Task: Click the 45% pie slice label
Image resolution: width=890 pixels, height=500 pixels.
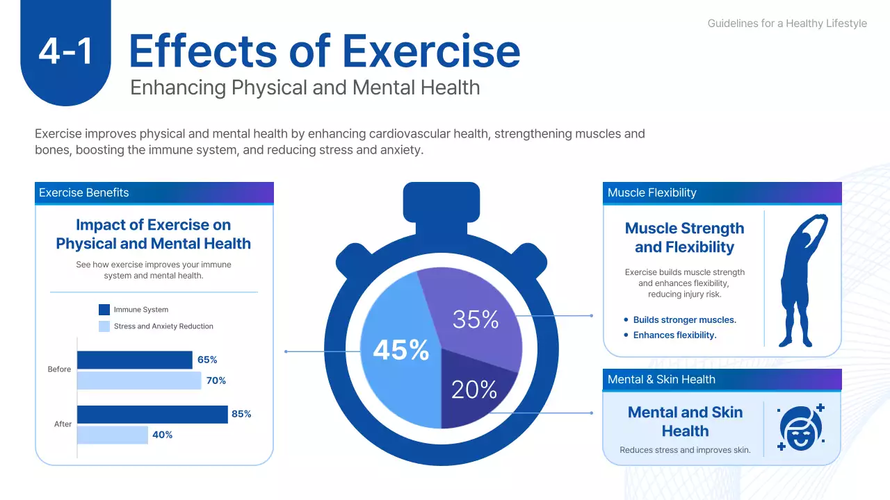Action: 401,350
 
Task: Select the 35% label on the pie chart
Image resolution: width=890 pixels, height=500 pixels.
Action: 476,319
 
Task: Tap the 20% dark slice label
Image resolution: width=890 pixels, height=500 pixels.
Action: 474,390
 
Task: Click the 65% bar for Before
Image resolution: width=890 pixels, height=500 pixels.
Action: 134,360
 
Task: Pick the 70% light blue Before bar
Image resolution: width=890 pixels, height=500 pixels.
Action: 138,381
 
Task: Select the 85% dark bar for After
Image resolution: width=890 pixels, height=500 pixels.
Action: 152,414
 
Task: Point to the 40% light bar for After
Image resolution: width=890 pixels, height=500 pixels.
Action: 112,435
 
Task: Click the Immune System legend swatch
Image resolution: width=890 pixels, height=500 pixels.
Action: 104,310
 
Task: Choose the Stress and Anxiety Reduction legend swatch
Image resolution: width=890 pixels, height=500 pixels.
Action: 104,326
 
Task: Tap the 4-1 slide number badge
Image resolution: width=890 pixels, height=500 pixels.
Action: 66,52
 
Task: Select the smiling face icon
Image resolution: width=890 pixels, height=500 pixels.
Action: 800,426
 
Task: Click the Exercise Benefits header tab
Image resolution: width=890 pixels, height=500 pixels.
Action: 154,193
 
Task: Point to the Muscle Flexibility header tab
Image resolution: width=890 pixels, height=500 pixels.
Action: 722,193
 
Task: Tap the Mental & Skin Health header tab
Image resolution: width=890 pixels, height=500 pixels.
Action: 722,379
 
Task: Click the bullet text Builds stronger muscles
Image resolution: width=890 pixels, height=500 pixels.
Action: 684,320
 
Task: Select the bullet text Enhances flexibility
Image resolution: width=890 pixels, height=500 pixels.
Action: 674,335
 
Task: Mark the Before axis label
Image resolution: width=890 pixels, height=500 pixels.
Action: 59,369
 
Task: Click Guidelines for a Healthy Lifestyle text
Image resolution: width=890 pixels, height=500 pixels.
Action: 787,24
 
